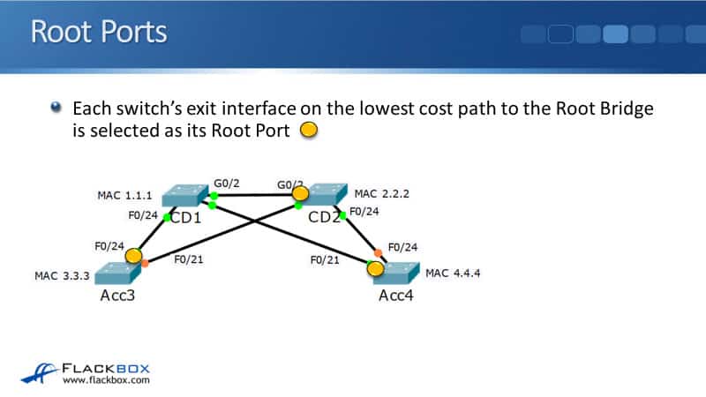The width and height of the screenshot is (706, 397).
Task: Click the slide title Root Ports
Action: [x=98, y=32]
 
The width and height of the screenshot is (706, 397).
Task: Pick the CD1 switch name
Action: [x=184, y=216]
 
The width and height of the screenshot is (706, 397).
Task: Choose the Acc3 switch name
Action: [x=119, y=296]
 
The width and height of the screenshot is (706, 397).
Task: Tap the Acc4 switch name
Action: [x=397, y=296]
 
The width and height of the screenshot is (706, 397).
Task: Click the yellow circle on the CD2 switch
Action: [x=301, y=193]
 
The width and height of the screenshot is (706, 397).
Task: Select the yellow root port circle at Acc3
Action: [x=133, y=256]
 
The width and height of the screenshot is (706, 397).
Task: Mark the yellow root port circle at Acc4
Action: [x=376, y=268]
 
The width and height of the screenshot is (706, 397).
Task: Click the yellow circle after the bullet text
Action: [x=308, y=131]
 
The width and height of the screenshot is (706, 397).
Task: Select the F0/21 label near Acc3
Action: [x=190, y=259]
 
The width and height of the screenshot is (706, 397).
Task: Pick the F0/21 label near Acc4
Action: [x=326, y=259]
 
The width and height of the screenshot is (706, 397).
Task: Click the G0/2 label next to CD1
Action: [x=227, y=182]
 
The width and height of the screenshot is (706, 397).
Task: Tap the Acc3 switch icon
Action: [x=119, y=272]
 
